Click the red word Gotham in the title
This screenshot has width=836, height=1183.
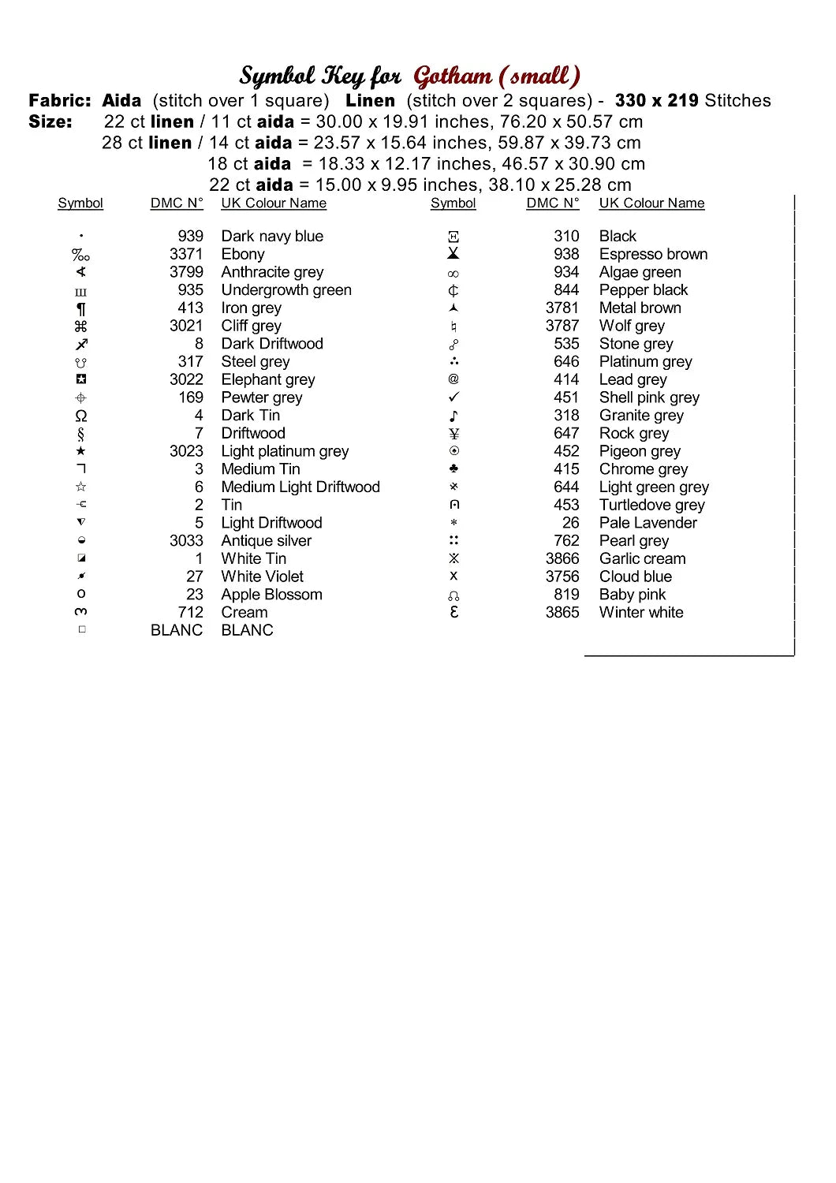(x=453, y=77)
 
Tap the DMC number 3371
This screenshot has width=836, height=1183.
(x=186, y=254)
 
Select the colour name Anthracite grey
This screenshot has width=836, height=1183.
(x=272, y=272)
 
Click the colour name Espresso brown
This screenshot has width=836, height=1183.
(x=653, y=254)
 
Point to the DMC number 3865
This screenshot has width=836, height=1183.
(x=562, y=613)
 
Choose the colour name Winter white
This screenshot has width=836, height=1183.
(x=641, y=613)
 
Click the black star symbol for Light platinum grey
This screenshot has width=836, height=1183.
(x=80, y=451)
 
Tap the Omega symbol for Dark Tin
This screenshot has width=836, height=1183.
(x=80, y=416)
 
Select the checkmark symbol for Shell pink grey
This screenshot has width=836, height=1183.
(x=453, y=397)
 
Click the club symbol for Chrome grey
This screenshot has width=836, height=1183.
(x=453, y=469)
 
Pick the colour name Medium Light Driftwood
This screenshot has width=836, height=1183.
(x=300, y=487)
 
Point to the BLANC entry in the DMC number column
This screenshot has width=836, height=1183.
(x=177, y=631)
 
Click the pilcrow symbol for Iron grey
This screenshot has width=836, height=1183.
(x=80, y=308)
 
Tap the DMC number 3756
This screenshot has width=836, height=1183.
(x=562, y=577)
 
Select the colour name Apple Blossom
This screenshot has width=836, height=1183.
(x=271, y=595)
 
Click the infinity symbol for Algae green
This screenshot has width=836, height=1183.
(x=453, y=274)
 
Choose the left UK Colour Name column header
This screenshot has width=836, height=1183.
(x=274, y=203)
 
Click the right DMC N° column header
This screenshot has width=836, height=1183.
(x=553, y=203)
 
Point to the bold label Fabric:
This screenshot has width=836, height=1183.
(x=60, y=101)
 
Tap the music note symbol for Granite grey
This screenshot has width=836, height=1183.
(x=453, y=416)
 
